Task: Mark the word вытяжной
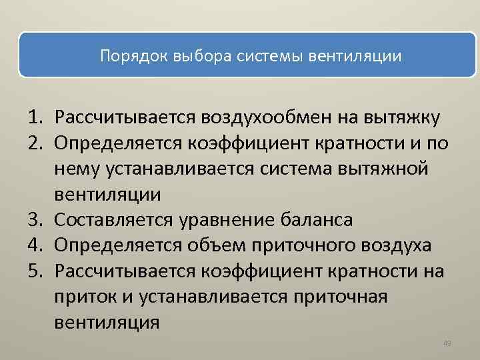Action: click(383, 169)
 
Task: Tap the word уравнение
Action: click(237, 220)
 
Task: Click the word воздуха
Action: click(398, 245)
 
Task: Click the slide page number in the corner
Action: click(447, 343)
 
